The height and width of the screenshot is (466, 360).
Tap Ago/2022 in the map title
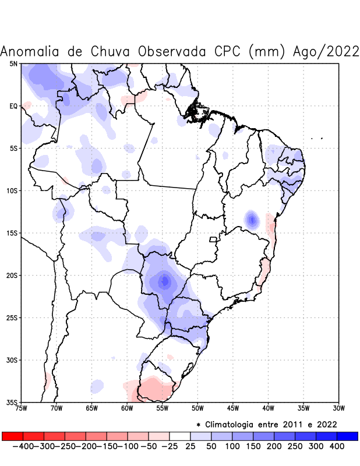(326, 51)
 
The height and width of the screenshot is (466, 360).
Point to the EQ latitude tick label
(13, 106)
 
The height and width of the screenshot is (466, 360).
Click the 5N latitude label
(13, 63)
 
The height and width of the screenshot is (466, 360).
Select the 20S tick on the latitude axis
(12, 276)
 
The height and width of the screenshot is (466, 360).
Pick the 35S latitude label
(12, 403)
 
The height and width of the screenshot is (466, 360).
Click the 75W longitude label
(21, 408)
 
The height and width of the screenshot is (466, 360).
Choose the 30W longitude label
(339, 408)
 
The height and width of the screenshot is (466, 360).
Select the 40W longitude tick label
(268, 408)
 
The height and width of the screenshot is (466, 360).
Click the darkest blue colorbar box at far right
(348, 436)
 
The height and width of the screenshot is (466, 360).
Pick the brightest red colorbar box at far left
(12, 436)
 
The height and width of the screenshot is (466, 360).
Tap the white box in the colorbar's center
(180, 436)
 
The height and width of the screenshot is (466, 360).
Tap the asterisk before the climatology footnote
(199, 424)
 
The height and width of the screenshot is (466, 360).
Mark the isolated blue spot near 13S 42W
(252, 220)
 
